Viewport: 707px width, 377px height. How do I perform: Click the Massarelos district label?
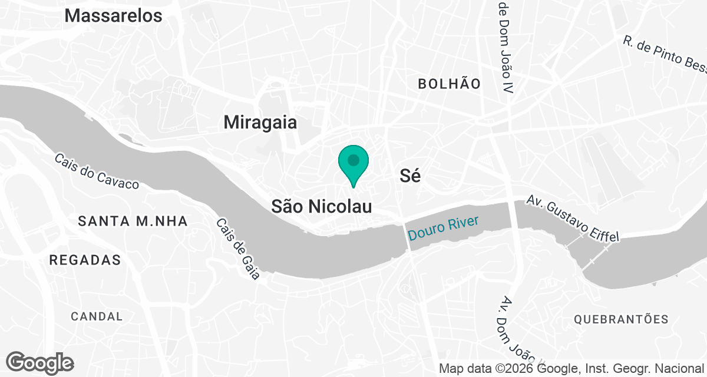(x=113, y=16)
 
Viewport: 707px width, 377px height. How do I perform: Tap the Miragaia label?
(x=260, y=123)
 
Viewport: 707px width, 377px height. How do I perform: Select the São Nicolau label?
(x=322, y=206)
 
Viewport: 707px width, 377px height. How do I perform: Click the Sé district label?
(x=410, y=176)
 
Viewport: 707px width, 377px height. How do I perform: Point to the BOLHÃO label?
(x=449, y=84)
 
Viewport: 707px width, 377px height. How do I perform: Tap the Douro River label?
(x=443, y=229)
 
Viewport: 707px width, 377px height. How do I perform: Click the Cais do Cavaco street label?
(x=97, y=171)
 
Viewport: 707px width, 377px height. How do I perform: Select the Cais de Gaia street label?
(x=237, y=249)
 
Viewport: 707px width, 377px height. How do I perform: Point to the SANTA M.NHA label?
(x=133, y=221)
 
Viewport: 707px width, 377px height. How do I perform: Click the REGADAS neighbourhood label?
(x=85, y=260)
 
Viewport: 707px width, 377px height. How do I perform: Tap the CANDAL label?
(x=97, y=316)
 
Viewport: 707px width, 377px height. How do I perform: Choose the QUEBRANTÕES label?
(x=622, y=319)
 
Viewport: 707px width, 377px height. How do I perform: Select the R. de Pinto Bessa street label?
(x=665, y=55)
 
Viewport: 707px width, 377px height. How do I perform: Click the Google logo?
(x=39, y=363)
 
